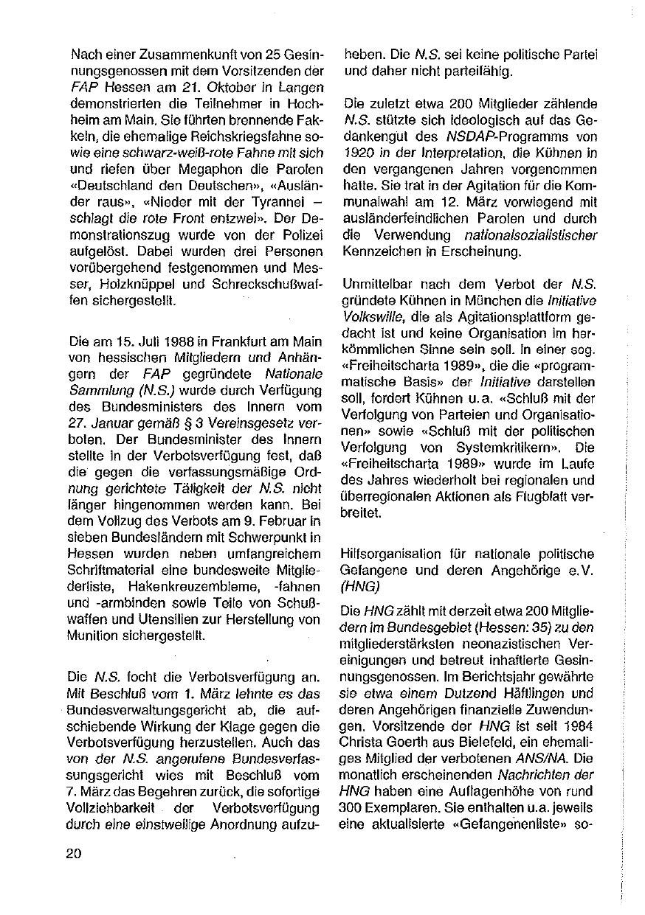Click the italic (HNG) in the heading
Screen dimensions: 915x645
359,585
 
